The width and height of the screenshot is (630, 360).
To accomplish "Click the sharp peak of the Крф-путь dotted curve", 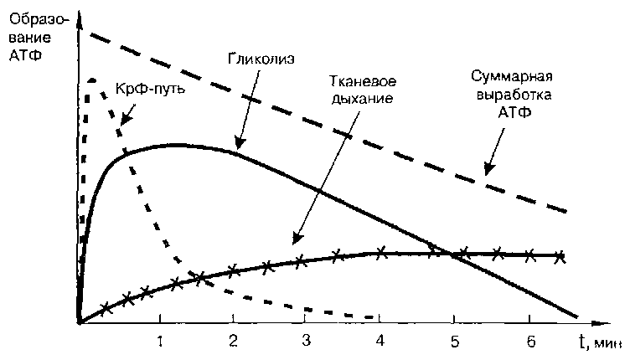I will (90, 80).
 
